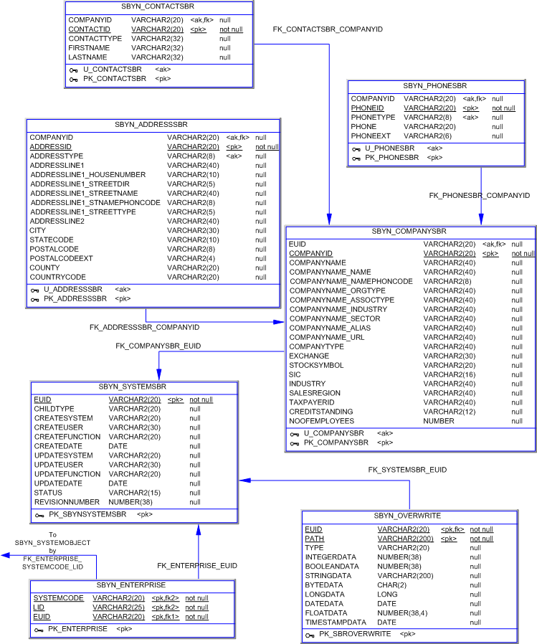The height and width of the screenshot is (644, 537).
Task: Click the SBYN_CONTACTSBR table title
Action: coord(158,6)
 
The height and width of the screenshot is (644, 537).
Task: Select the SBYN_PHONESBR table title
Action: coord(435,85)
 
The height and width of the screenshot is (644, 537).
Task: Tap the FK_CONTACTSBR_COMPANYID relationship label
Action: coord(328,29)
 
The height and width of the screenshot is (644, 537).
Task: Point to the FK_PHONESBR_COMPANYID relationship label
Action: coord(479,195)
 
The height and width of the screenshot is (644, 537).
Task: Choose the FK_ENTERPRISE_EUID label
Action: coord(197,566)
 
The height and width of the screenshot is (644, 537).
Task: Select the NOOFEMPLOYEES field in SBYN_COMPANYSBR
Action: coord(321,421)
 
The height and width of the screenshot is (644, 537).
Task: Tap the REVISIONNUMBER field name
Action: coord(67,502)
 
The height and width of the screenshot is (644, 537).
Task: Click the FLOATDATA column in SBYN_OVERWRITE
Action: coord(326,613)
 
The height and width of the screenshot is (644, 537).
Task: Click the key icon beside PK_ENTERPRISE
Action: coord(39,629)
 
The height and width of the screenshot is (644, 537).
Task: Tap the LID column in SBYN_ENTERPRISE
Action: coord(39,607)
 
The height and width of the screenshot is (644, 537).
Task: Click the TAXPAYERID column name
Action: coord(312,402)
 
